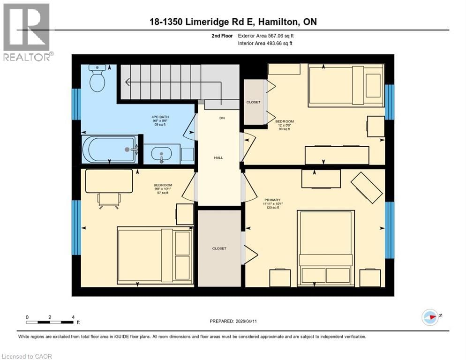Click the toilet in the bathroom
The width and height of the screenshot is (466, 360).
(x=98, y=79)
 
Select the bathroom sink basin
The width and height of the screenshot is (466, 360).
(x=162, y=154)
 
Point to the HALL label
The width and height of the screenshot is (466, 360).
(x=218, y=158)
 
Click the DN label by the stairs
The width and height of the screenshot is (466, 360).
(x=222, y=118)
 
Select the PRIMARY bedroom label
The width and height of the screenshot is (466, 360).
(x=272, y=200)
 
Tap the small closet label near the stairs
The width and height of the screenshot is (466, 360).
(x=253, y=102)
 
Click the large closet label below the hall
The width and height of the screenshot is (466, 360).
(x=219, y=248)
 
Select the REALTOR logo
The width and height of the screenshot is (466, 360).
(x=27, y=32)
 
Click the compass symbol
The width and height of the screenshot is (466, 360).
(x=430, y=317)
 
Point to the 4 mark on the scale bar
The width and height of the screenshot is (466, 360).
(x=73, y=317)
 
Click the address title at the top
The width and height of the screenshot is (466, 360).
(x=233, y=22)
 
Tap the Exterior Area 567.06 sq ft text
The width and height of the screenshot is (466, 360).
(x=266, y=36)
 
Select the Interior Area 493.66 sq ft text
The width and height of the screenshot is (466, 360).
(x=266, y=44)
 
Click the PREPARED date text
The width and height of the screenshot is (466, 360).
(x=233, y=321)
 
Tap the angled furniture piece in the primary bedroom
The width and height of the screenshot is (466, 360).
(x=367, y=187)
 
